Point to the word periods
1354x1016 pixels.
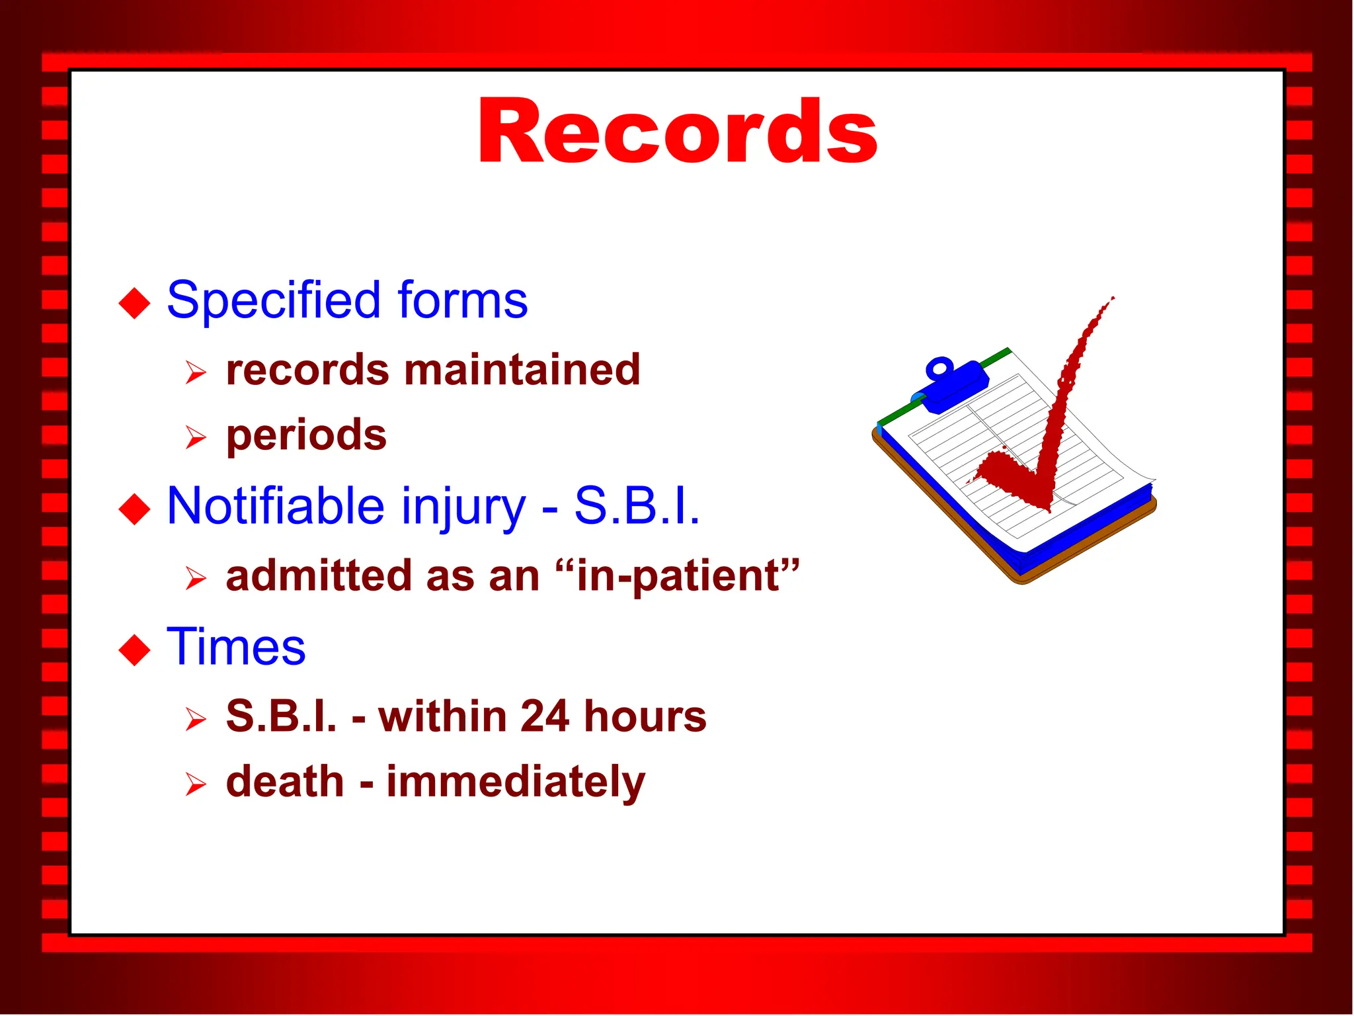coord(306,437)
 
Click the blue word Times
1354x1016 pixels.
coord(236,646)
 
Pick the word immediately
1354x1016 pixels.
coord(516,783)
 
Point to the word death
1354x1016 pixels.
coord(285,781)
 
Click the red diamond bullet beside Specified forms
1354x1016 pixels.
coord(135,303)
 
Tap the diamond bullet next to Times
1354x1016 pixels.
coord(135,650)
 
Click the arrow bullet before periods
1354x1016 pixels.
coord(196,437)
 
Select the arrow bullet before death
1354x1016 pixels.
coord(196,784)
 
